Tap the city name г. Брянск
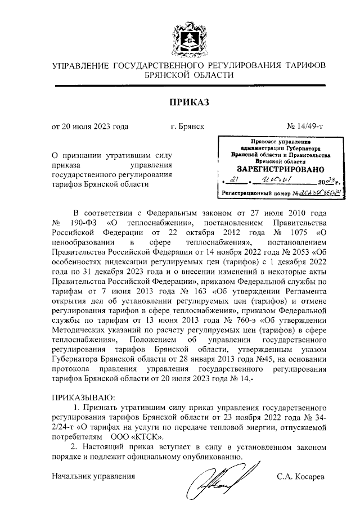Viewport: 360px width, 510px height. pyautogui.click(x=187, y=127)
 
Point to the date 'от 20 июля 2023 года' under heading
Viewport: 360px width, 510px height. pyautogui.click(x=90, y=127)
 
